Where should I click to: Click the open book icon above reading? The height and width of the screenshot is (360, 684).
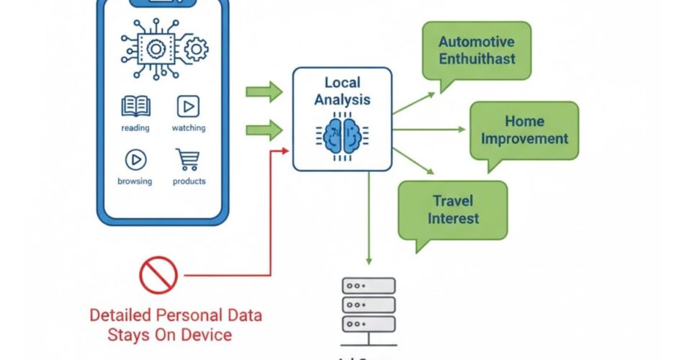click(x=135, y=107)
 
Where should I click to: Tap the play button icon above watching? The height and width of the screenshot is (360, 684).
click(x=188, y=107)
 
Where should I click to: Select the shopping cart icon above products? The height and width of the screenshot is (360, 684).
click(x=188, y=159)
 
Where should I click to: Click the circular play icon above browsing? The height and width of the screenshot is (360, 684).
click(x=135, y=159)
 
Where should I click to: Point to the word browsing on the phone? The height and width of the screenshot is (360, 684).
click(x=135, y=181)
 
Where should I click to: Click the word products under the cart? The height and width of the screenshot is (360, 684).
click(x=189, y=181)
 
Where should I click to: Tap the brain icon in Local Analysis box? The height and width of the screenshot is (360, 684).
click(x=342, y=135)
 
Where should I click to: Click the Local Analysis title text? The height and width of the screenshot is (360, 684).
click(x=342, y=91)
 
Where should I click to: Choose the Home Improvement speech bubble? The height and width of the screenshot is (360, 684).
click(x=524, y=130)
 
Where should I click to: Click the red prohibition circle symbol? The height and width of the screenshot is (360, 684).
click(x=158, y=274)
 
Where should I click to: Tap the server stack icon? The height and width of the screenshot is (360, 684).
click(x=368, y=305)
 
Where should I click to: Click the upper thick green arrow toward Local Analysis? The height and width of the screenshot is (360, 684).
click(x=264, y=91)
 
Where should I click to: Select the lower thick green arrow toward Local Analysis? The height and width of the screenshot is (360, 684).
click(x=264, y=130)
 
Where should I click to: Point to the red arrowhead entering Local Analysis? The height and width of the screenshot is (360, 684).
click(x=287, y=150)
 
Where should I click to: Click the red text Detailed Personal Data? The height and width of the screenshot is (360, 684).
click(x=176, y=315)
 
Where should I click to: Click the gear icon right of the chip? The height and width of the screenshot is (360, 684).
click(x=197, y=49)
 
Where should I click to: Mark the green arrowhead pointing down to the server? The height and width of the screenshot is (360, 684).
click(x=368, y=260)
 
